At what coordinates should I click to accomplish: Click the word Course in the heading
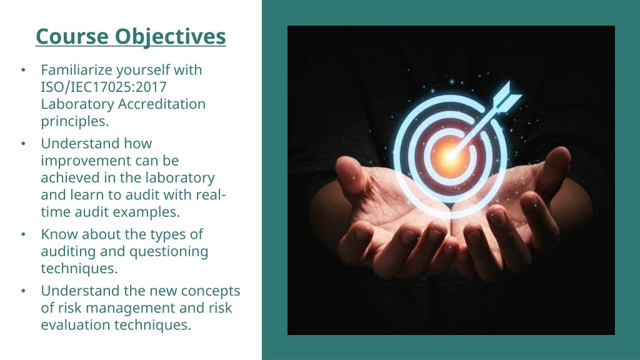click(72, 36)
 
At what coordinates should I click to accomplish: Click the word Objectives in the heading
click(170, 37)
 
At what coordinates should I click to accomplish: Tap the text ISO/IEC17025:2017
click(104, 87)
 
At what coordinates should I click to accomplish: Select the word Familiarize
click(77, 70)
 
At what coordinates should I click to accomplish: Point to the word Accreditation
click(162, 104)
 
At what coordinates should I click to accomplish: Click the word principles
click(75, 122)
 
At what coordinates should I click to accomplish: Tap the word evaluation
click(76, 325)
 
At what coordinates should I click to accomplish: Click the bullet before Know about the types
click(23, 234)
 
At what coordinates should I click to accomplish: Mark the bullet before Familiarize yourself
click(23, 70)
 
